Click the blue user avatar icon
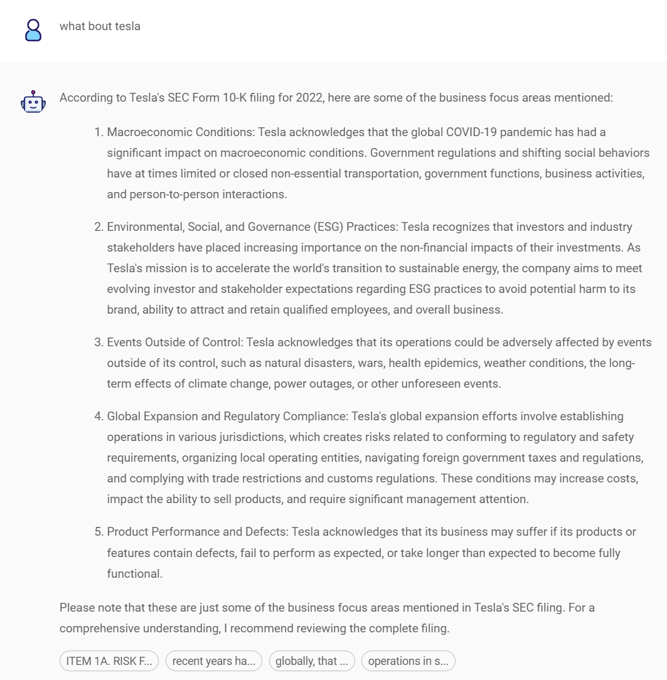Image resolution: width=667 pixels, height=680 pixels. (x=33, y=30)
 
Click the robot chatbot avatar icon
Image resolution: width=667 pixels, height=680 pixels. (x=33, y=102)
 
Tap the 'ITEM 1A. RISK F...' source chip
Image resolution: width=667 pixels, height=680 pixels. (x=109, y=661)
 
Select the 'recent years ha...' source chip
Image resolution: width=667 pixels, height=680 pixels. (x=213, y=661)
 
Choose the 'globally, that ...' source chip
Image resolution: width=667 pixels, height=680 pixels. (x=311, y=661)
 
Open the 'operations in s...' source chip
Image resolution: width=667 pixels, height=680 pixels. (x=408, y=661)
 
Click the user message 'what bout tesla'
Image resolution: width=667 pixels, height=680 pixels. (x=100, y=26)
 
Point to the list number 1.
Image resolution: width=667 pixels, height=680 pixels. (x=98, y=132)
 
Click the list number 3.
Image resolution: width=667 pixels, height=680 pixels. (x=98, y=343)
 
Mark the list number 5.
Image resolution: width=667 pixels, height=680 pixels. (x=98, y=532)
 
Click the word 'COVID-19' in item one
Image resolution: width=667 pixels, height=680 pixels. (x=470, y=132)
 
